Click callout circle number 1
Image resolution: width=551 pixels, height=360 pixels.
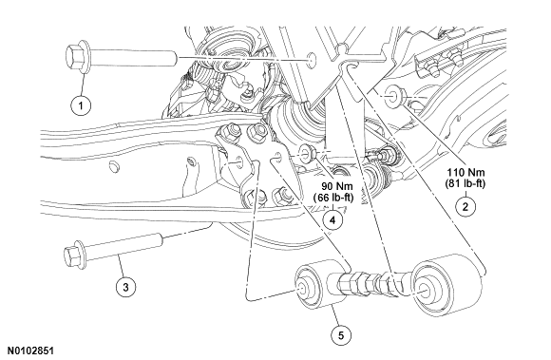(81, 105)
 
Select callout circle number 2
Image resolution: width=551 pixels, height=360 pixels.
(465, 206)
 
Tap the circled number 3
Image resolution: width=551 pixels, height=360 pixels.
(125, 287)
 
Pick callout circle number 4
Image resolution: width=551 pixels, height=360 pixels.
(332, 219)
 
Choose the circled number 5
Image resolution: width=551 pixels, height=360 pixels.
(341, 335)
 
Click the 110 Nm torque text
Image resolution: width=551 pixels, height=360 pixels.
(465, 173)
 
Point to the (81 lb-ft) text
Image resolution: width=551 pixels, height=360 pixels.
(465, 183)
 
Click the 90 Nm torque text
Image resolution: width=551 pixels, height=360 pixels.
(337, 186)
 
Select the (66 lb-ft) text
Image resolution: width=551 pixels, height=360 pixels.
(333, 198)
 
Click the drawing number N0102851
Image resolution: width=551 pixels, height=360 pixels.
(31, 351)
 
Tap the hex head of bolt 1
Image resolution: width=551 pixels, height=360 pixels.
(77, 57)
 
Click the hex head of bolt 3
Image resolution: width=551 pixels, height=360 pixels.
(75, 255)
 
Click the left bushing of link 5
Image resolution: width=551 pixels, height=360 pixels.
(318, 284)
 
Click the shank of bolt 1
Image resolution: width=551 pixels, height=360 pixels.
(133, 58)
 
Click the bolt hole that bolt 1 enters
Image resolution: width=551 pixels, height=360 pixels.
(311, 60)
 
